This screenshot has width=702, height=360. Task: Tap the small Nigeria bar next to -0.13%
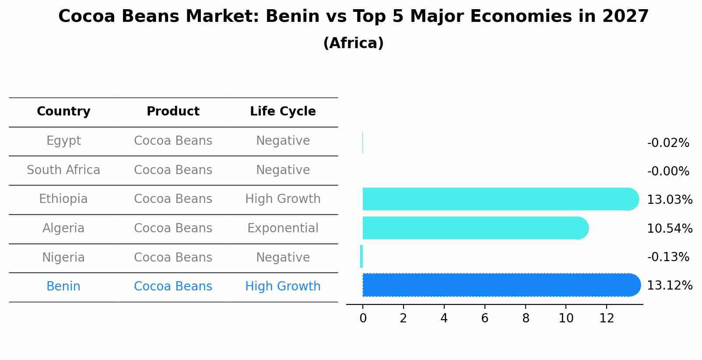coord(362,256)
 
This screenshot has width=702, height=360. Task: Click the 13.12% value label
coord(669,286)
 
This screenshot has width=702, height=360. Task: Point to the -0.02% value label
coord(668,143)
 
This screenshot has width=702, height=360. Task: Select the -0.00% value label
coord(668,171)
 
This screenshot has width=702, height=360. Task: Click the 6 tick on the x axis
coord(484,318)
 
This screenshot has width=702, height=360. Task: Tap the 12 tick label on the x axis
coord(607,318)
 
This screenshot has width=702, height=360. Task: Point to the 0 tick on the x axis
coord(363,318)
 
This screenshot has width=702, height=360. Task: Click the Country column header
coord(63,112)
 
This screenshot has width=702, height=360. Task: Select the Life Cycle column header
coord(283,112)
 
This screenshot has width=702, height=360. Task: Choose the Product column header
coord(173,112)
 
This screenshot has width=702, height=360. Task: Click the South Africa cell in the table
coord(63,170)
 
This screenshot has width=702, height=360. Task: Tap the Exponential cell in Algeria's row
coord(283,228)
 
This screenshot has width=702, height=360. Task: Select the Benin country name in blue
coord(63,287)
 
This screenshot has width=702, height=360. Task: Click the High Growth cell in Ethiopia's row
coord(283,199)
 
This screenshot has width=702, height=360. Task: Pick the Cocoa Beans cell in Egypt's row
coord(173,141)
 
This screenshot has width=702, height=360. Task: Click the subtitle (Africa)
coord(353,43)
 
